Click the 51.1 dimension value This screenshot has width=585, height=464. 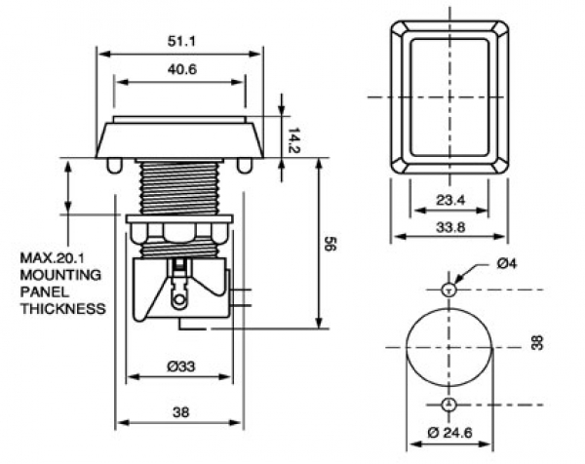pos(180,41)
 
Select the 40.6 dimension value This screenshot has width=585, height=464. pos(180,70)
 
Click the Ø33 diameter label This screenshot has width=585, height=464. pos(180,367)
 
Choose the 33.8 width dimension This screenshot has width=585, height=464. pos(450,228)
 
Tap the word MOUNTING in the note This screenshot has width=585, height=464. pos(61,276)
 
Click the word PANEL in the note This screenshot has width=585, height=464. pos(44,292)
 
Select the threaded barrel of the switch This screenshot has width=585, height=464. pos(178,188)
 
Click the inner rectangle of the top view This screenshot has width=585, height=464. pos(449,97)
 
